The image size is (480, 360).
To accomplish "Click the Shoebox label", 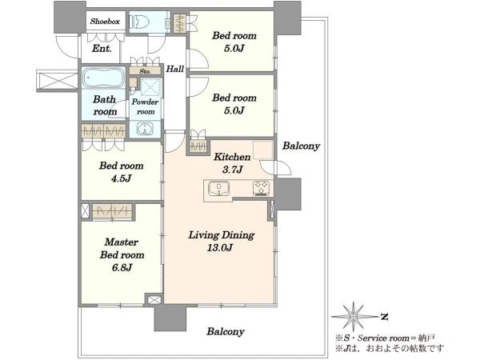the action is click(x=105, y=22).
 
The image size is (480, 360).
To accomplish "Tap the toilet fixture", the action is click(x=139, y=22).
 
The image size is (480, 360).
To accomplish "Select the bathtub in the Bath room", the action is click(x=103, y=77).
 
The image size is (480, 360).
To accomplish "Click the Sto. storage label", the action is click(x=145, y=71).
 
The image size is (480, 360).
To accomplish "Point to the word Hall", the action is click(x=175, y=69).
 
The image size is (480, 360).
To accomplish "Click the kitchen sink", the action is click(x=219, y=188).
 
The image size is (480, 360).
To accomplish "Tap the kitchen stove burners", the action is click(x=261, y=188).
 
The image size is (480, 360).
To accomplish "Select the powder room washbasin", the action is click(x=144, y=129).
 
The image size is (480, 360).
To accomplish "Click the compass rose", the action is click(x=354, y=316).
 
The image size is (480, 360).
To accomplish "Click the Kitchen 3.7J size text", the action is click(x=233, y=170).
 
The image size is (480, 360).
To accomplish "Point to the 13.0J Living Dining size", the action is click(x=220, y=247).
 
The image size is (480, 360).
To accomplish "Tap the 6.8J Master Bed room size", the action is click(x=122, y=267).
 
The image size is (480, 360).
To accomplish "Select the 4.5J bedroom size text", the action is click(x=122, y=178).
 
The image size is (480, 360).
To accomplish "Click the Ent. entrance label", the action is click(x=102, y=49).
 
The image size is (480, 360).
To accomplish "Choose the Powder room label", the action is click(x=145, y=106).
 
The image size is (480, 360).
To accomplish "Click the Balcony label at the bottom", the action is click(x=226, y=331).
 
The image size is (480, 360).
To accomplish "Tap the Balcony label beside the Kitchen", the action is click(x=301, y=146).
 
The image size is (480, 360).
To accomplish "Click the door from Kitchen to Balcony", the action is click(x=275, y=168).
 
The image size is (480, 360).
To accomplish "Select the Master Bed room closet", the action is click(x=112, y=211).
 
